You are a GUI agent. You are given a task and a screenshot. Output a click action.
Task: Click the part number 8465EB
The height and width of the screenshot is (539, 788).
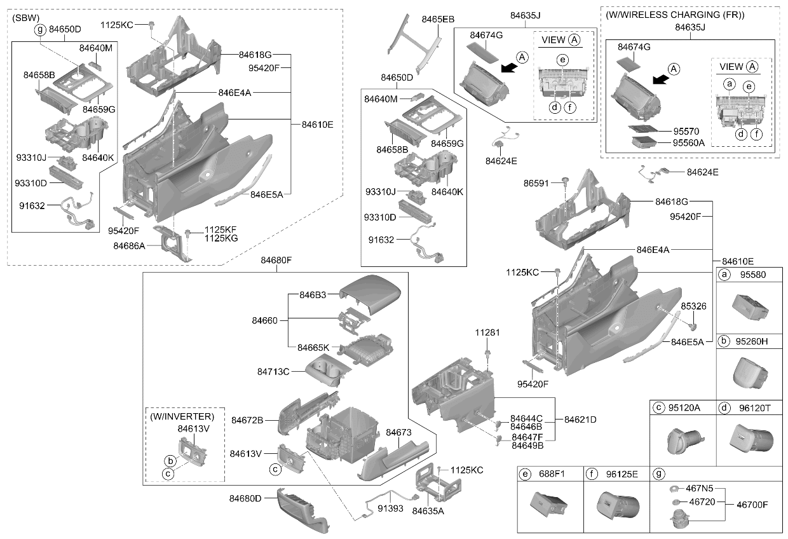pyautogui.click(x=438, y=19)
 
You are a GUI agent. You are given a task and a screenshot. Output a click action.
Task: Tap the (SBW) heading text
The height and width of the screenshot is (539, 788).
pyautogui.click(x=25, y=18)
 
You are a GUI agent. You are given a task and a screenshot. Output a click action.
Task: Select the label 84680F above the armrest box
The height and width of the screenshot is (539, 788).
pyautogui.click(x=276, y=260)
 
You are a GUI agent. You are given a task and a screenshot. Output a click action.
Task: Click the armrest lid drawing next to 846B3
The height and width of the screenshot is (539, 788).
pyautogui.click(x=370, y=294)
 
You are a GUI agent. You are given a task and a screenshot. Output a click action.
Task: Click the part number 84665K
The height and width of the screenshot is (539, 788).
pyautogui.click(x=313, y=348)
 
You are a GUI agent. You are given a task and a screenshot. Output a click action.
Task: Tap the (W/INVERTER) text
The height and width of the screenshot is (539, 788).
pyautogui.click(x=182, y=416)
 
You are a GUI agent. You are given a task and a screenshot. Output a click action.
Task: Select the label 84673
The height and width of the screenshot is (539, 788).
pyautogui.click(x=398, y=432)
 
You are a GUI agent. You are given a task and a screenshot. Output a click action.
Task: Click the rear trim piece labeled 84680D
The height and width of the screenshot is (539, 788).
pyautogui.click(x=302, y=510)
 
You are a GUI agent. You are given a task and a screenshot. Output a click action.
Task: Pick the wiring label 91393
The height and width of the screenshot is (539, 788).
pyautogui.click(x=390, y=508)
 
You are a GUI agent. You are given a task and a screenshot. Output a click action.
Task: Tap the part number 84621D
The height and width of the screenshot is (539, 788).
pyautogui.click(x=580, y=420)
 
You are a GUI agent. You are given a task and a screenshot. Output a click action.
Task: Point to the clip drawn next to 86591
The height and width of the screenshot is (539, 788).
pyautogui.click(x=566, y=181)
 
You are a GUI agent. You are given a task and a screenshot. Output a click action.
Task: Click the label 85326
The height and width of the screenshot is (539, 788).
pyautogui.click(x=693, y=306)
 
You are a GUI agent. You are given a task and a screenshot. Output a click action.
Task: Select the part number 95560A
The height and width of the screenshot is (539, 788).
pyautogui.click(x=689, y=143)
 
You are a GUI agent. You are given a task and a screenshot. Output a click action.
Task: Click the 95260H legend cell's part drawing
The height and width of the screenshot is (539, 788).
pyautogui.click(x=749, y=373)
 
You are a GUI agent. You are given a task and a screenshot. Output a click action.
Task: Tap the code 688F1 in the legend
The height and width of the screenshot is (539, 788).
pyautogui.click(x=552, y=474)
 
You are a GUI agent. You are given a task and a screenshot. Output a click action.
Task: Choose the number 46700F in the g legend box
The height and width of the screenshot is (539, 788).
pyautogui.click(x=752, y=505)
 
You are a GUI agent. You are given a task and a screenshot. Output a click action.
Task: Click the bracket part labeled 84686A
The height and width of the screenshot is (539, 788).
pyautogui.click(x=172, y=243)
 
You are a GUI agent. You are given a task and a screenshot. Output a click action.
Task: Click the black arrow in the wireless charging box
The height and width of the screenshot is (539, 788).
pyautogui.click(x=661, y=79)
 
